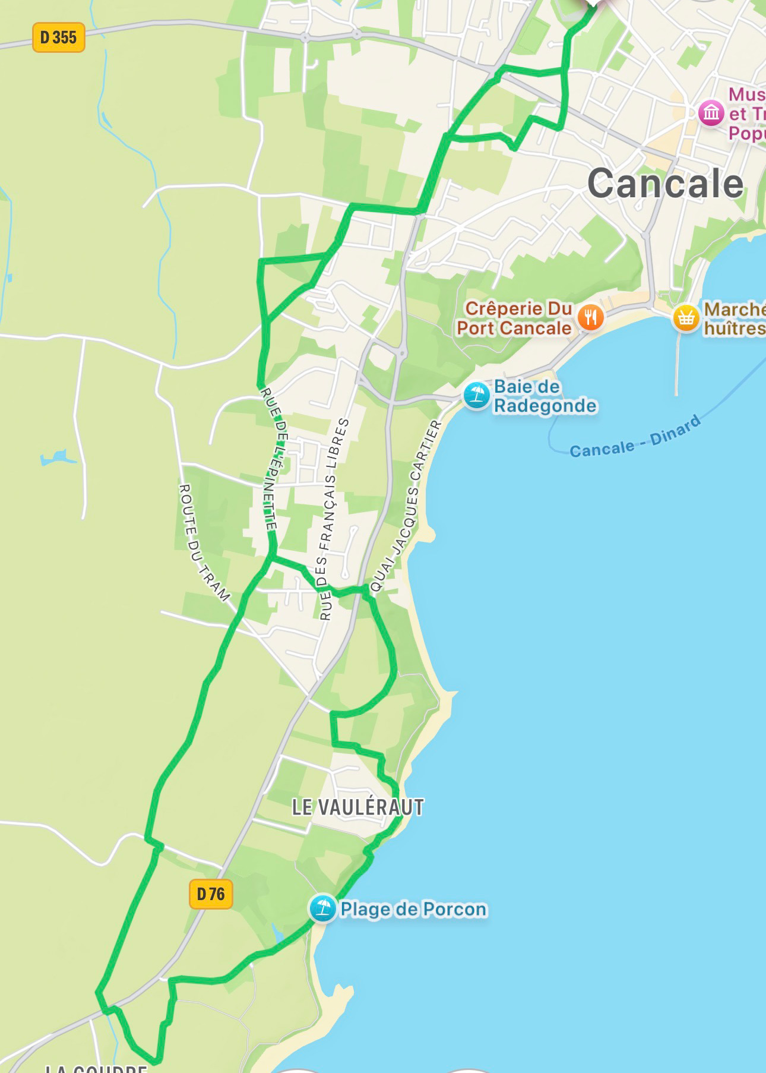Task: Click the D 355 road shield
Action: (58, 37)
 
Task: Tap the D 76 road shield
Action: (211, 894)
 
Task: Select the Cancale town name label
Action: (665, 184)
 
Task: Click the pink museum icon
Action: (711, 113)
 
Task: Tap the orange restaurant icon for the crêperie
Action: (590, 318)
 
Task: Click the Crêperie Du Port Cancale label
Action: (514, 318)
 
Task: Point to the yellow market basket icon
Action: (686, 318)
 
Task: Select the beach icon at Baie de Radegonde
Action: (476, 396)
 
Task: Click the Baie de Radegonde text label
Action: (545, 396)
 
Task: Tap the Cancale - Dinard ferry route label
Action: (635, 438)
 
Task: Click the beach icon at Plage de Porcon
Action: (323, 908)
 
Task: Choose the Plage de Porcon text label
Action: (413, 910)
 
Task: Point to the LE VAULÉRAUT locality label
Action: (358, 807)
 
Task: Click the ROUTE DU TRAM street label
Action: (203, 542)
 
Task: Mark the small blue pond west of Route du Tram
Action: (58, 458)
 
